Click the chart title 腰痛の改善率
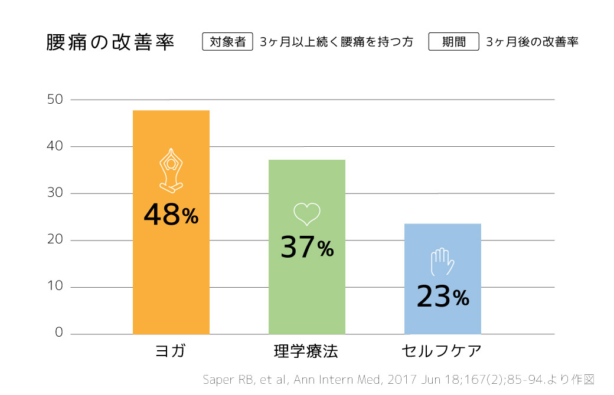(110, 43)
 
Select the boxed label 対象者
(227, 42)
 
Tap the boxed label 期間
(453, 42)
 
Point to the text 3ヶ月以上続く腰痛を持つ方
(336, 42)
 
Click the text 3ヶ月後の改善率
(532, 42)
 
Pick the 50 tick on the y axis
(55, 99)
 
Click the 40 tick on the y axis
(55, 146)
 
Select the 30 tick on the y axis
(55, 193)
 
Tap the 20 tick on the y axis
(55, 241)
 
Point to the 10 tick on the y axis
(55, 287)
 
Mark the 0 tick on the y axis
(58, 333)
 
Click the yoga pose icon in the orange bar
(171, 170)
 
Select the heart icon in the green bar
(307, 214)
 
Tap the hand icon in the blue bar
(442, 262)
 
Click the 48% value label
(171, 215)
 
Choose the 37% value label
(307, 248)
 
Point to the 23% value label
(442, 296)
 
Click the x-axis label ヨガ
(171, 351)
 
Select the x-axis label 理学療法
(306, 351)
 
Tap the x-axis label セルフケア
(442, 351)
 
